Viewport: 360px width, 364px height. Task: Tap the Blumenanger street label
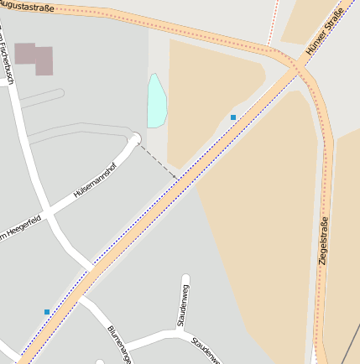point(119,344)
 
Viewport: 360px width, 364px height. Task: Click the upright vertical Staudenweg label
point(180,305)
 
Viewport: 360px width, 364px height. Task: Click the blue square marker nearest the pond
point(233,117)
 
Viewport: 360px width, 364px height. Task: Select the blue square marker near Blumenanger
point(47,312)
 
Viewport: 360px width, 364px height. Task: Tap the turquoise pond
point(156,101)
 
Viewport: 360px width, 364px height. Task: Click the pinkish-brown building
point(34,59)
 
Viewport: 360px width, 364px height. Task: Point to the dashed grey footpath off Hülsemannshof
point(158,161)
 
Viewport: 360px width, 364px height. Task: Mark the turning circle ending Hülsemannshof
point(136,138)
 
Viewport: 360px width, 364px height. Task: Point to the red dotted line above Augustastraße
point(274,21)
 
